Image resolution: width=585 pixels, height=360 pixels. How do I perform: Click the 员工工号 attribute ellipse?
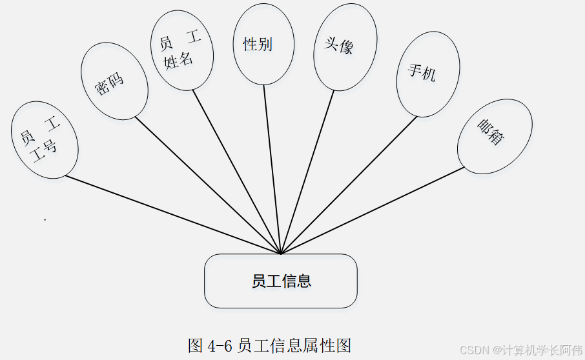(45, 139)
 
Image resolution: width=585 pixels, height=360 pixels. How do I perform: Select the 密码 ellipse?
(114, 81)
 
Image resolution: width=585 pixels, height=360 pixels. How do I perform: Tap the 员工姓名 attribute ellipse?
(180, 51)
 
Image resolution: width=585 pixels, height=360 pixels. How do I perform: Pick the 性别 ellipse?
(263, 44)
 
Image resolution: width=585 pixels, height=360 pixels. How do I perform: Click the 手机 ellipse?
(427, 74)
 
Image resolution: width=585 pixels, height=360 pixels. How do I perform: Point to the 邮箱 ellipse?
(495, 136)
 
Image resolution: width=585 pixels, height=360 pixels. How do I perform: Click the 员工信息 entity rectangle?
(281, 281)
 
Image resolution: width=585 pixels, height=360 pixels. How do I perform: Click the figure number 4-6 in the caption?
(220, 346)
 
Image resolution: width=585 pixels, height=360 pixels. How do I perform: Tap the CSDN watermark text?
(474, 350)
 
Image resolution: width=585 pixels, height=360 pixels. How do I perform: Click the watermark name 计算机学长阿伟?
(544, 350)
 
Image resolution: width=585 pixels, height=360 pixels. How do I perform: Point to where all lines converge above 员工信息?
(281, 253)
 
